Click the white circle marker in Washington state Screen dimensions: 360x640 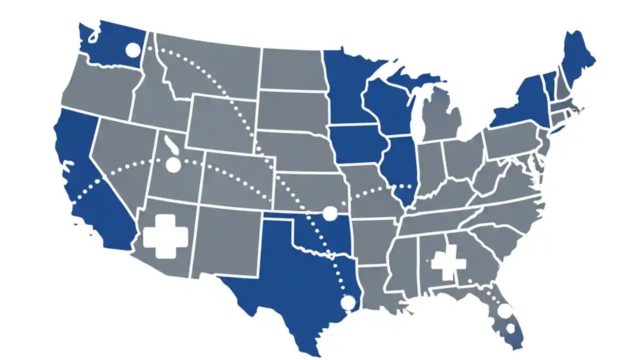point(132,49)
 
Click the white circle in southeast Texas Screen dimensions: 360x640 point(347,302)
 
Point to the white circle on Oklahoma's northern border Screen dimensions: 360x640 point(330,213)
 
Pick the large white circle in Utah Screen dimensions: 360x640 point(172,165)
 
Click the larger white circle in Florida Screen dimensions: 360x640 point(505,311)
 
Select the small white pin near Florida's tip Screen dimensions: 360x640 point(510,329)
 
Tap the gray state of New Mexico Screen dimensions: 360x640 point(225,240)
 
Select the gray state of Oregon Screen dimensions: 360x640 point(100,87)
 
